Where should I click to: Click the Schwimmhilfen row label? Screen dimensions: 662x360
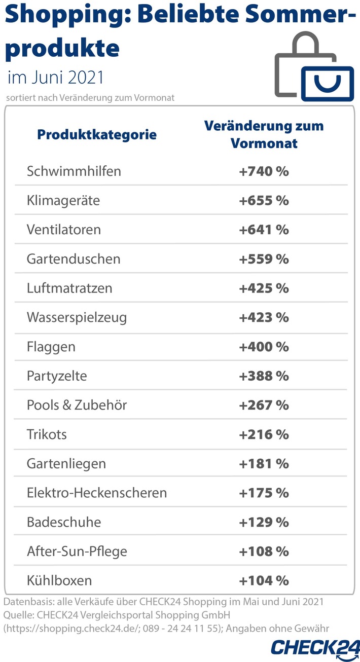[74, 171]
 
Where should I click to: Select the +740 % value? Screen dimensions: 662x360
[264, 171]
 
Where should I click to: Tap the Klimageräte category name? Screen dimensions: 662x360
[63, 200]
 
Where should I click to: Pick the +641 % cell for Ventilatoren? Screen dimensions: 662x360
[264, 230]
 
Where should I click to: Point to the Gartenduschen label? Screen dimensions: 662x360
[74, 259]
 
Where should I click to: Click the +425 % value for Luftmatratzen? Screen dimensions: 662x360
[264, 288]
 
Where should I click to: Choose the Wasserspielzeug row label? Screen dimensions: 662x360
[77, 317]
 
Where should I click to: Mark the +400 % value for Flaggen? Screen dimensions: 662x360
[264, 347]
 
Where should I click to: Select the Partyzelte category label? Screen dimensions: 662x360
[57, 376]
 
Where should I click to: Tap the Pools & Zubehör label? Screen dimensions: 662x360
[77, 405]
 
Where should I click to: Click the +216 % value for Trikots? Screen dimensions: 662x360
[264, 434]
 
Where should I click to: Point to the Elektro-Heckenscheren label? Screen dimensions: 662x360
[97, 493]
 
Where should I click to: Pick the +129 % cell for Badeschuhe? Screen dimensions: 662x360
[264, 522]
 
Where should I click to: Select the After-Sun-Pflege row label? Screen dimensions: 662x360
[77, 551]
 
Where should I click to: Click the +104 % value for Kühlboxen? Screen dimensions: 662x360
[264, 580]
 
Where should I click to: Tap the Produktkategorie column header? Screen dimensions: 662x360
[97, 135]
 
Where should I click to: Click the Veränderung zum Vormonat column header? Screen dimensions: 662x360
[264, 134]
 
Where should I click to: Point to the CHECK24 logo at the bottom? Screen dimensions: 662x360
[315, 647]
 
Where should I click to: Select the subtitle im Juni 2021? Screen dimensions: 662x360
[56, 78]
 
